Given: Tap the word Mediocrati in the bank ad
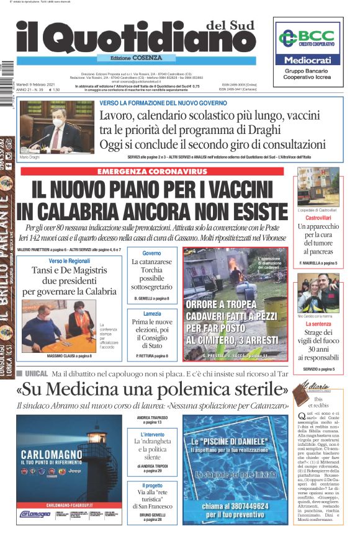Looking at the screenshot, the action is point(308,60).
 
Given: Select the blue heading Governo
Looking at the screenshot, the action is point(151,253).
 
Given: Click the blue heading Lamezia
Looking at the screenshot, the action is point(151,314).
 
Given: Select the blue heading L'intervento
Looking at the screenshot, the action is point(152,434).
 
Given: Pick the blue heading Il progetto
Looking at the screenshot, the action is point(152,486).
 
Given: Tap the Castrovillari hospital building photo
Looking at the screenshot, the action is point(317,188).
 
